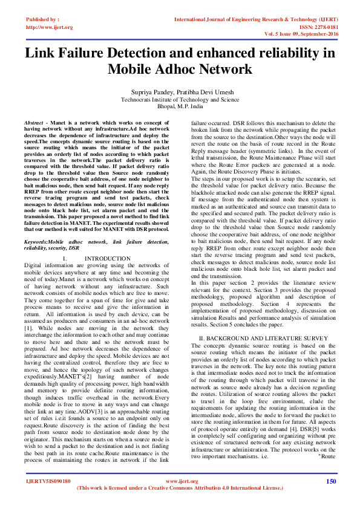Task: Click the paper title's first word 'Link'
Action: coord(42,53)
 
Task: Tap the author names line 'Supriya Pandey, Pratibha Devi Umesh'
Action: coord(180,91)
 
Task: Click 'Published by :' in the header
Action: coord(43,19)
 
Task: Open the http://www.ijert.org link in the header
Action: coord(49,27)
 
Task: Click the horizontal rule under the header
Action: coord(180,39)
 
